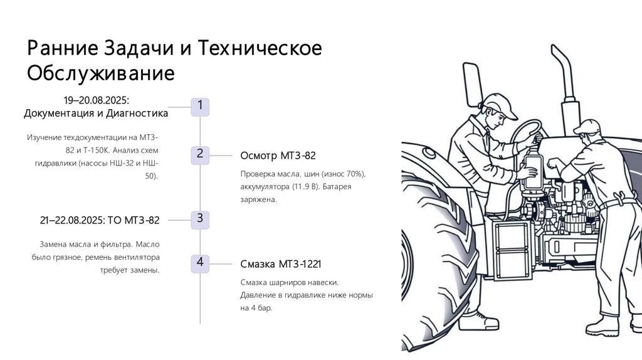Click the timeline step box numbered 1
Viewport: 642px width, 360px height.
tap(200, 106)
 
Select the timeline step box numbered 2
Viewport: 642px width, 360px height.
tap(200, 154)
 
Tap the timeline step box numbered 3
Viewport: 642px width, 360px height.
tap(200, 219)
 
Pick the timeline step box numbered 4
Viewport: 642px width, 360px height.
tap(200, 263)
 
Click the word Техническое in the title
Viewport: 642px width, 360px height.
tap(260, 49)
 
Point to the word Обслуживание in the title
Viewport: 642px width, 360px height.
tap(100, 73)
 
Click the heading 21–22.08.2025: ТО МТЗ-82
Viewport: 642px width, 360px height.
tap(100, 220)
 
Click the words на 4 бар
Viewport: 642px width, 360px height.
tap(256, 308)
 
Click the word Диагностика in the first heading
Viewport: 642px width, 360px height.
tap(137, 114)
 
